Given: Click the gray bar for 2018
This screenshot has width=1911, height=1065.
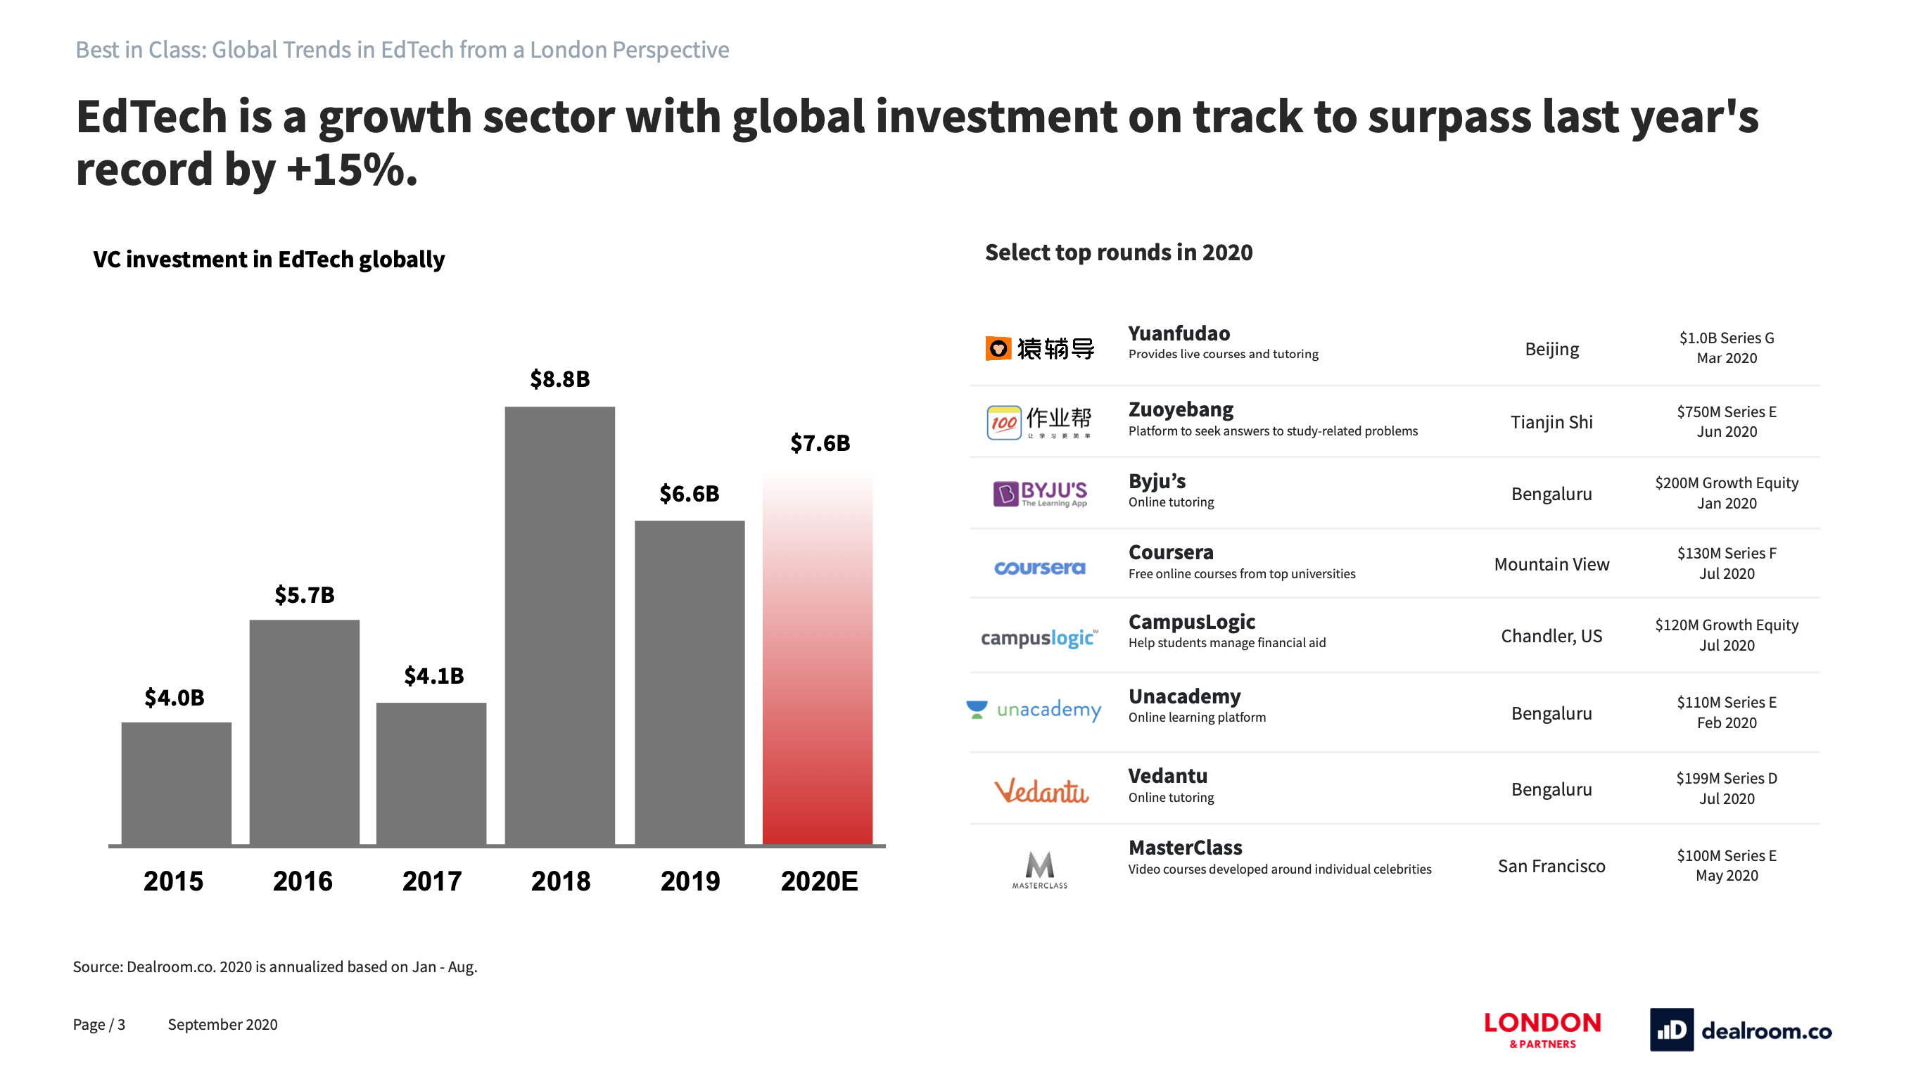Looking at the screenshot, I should (559, 625).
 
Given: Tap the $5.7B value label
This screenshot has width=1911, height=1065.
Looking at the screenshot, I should (304, 594).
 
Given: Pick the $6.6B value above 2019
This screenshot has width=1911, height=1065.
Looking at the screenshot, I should (689, 493).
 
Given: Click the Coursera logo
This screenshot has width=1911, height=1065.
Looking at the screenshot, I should (1039, 568).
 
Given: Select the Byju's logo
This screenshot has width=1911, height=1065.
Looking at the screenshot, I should (1039, 493).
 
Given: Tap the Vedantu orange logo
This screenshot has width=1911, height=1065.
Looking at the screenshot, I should (1041, 791).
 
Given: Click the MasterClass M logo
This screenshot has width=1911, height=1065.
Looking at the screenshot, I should (1039, 869).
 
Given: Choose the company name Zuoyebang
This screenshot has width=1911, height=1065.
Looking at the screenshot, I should (1180, 409).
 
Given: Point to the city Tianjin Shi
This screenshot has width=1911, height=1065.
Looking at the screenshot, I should (1551, 422).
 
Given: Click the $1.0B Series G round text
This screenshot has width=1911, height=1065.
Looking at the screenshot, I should (1726, 338).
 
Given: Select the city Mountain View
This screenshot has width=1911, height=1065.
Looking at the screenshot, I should (1551, 564).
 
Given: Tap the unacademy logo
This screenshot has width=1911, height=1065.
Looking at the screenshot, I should (1034, 710).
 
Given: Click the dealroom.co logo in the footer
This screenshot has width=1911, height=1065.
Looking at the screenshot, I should (1741, 1029).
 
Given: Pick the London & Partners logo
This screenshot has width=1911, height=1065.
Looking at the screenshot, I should (1542, 1029).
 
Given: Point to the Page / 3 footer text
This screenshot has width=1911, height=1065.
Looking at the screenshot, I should (99, 1024).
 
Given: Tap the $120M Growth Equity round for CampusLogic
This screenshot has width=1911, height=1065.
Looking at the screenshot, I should (1726, 625).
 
